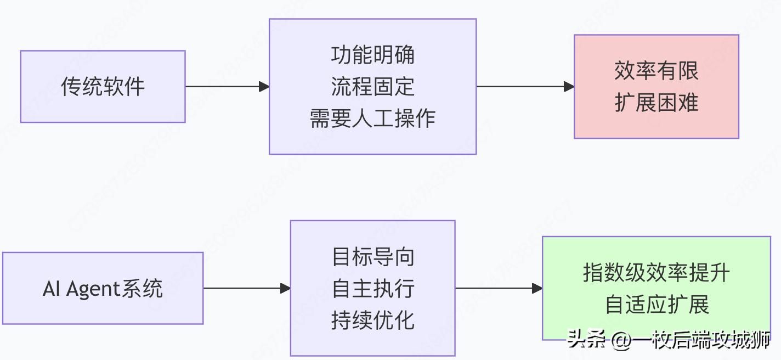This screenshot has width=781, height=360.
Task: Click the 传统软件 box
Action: (103, 87)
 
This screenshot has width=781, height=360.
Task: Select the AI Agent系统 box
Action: (103, 288)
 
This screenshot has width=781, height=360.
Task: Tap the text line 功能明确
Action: (372, 55)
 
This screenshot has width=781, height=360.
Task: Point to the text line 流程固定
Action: (372, 87)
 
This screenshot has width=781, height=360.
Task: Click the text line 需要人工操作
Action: (372, 119)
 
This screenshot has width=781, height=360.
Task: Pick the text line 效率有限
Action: (656, 71)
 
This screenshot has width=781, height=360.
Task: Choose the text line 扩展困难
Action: (656, 103)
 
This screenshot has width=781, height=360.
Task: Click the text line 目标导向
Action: (372, 257)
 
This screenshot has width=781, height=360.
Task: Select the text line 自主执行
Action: (372, 289)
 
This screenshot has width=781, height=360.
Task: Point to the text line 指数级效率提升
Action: (656, 273)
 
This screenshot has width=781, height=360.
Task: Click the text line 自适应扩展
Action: (656, 305)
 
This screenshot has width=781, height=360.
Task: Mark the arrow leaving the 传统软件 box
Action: (227, 87)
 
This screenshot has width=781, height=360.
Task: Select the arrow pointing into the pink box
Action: (525, 87)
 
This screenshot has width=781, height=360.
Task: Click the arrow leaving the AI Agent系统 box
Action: (247, 288)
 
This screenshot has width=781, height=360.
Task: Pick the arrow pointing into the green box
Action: (499, 288)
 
